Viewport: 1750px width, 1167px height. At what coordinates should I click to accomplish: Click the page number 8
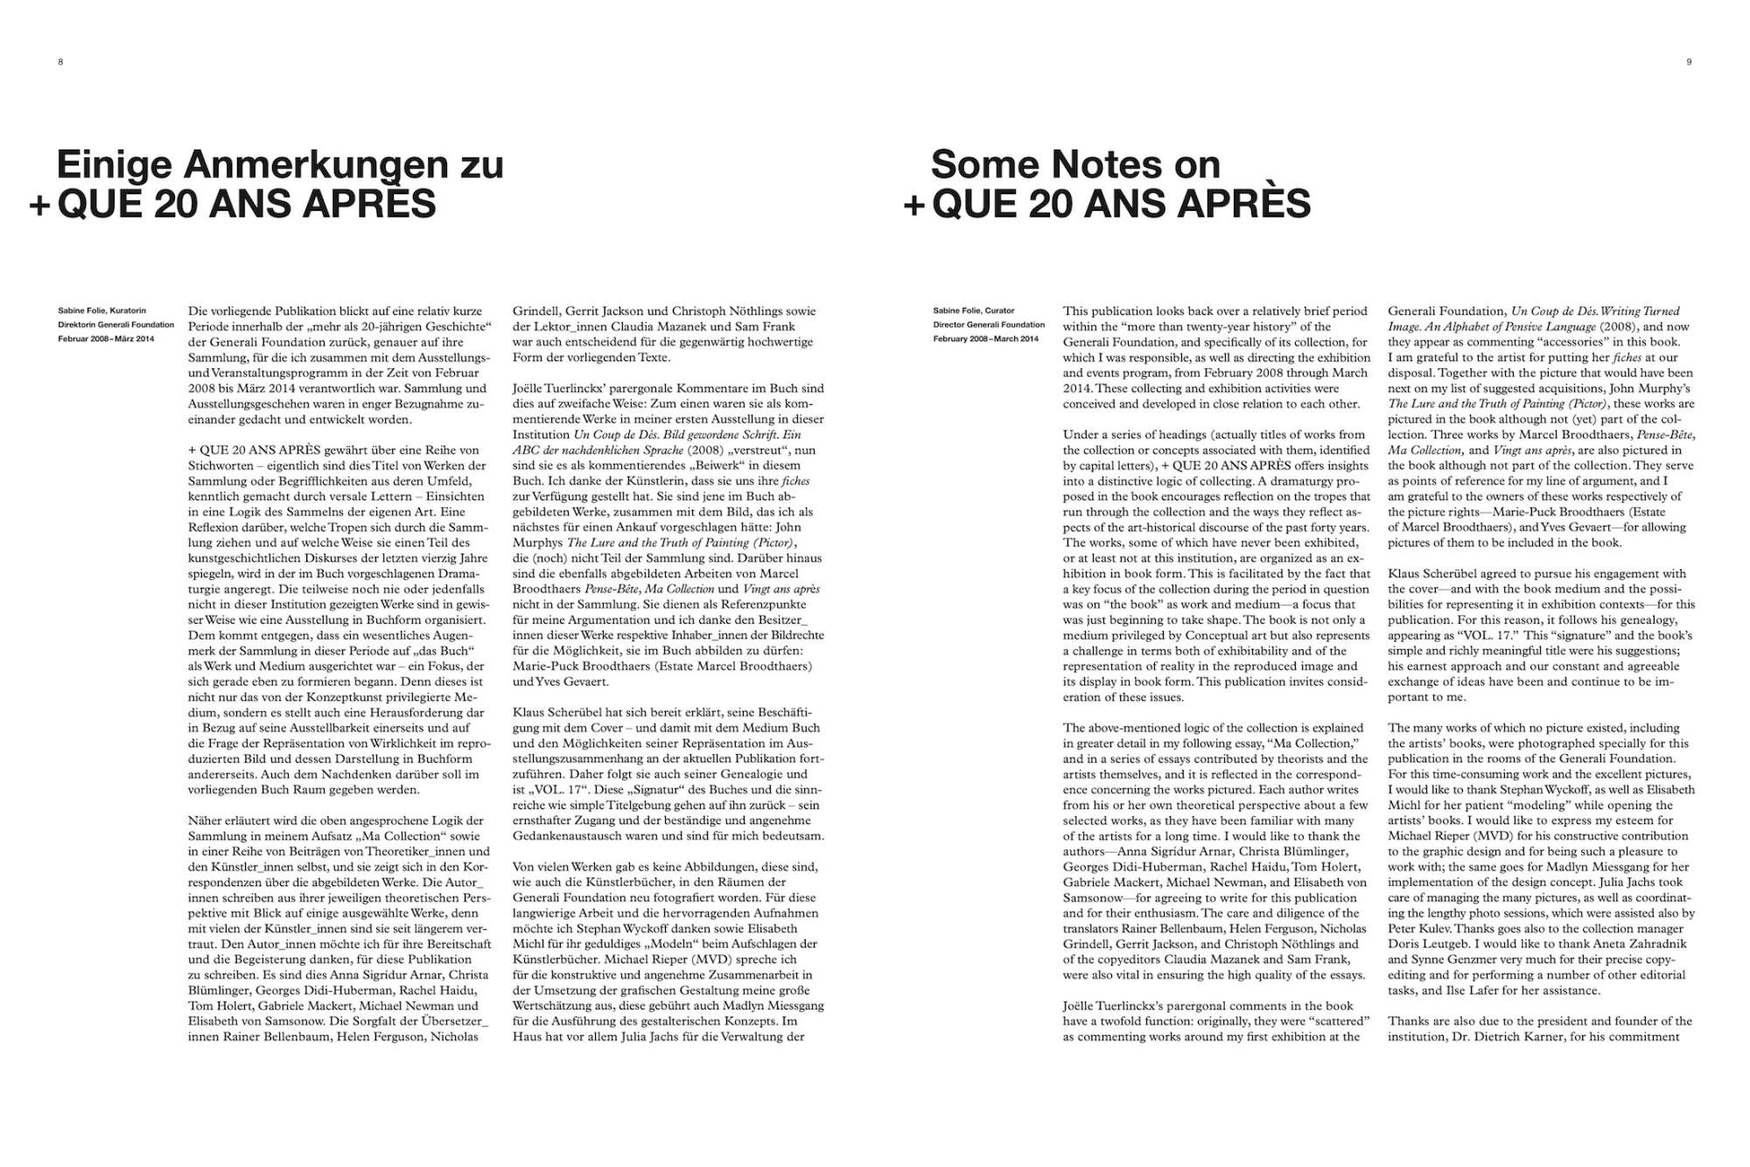(x=60, y=61)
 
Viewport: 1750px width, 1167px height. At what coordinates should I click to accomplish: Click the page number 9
(x=1689, y=61)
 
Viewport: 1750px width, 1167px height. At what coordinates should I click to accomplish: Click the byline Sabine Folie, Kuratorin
(x=102, y=311)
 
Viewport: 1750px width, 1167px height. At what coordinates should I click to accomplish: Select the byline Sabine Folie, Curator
(x=974, y=311)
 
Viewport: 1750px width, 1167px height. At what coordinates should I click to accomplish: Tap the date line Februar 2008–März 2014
(x=106, y=339)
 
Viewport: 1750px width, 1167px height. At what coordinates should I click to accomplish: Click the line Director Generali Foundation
(x=989, y=325)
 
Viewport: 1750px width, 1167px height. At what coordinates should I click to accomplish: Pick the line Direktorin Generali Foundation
(x=116, y=325)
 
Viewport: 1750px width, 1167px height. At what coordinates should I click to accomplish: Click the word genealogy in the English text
(x=1647, y=619)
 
